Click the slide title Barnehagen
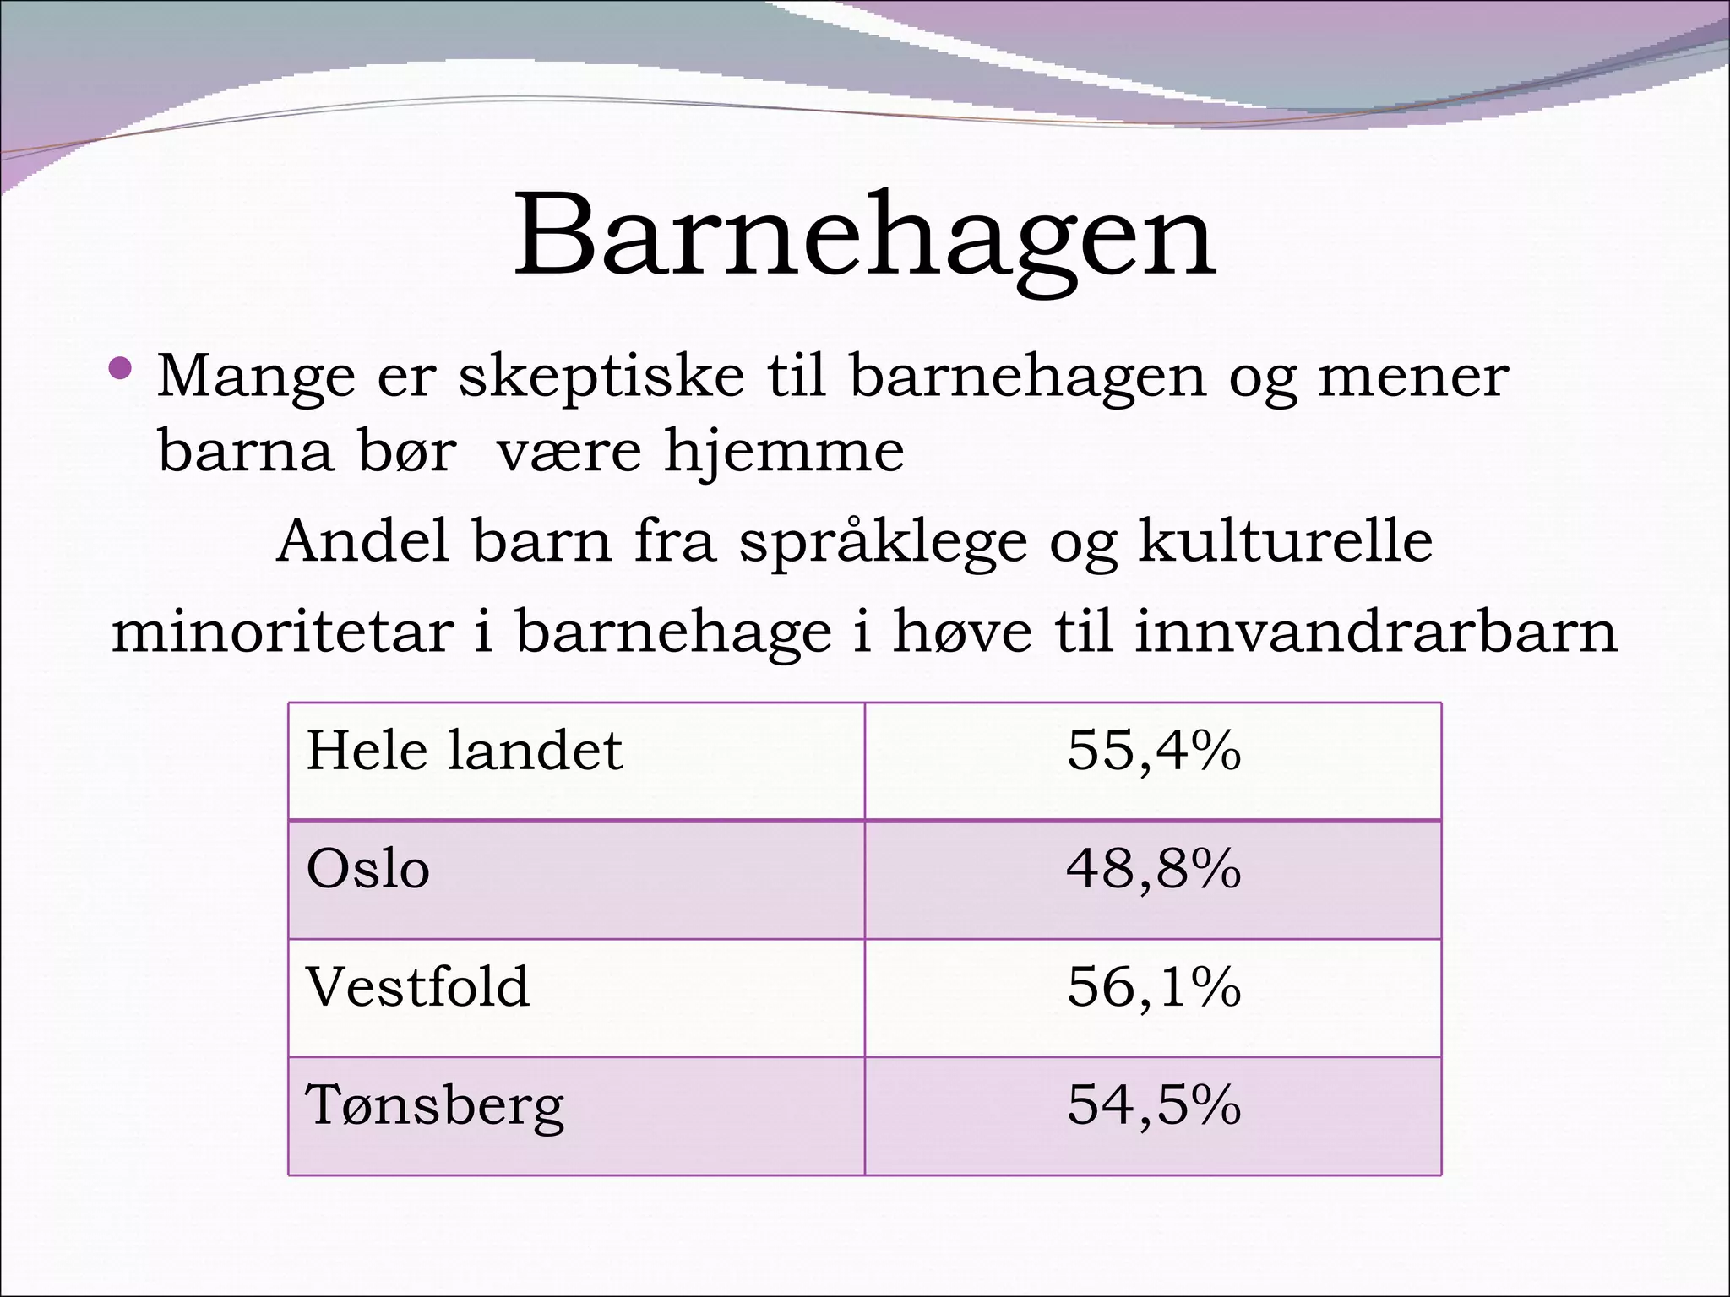[864, 236]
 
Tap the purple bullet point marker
[121, 367]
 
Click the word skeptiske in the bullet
[601, 376]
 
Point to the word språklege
[883, 542]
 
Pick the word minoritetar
[282, 632]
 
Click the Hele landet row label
[464, 750]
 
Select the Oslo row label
[367, 869]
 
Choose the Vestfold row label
[417, 986]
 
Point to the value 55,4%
[1153, 750]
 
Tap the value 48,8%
[1153, 869]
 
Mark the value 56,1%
[1153, 986]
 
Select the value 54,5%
[1153, 1105]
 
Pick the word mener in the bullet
[1412, 376]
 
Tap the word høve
[962, 632]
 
